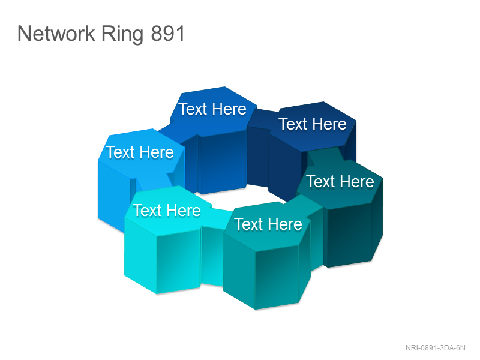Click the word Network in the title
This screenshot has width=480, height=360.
[56, 33]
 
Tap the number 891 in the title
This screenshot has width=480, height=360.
[168, 34]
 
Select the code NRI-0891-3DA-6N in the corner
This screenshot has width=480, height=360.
[435, 348]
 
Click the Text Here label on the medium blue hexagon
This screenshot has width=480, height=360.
[212, 109]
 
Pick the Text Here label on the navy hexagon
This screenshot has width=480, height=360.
[313, 124]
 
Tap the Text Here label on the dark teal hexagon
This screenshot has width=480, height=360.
[340, 182]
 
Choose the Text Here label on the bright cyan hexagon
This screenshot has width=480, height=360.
[167, 211]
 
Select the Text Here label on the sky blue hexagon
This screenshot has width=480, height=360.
[140, 152]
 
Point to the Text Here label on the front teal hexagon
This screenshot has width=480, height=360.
[268, 224]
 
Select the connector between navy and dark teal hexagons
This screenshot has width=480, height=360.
[325, 156]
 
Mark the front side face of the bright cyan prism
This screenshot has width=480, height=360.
[178, 261]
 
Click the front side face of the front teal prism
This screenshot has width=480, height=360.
[277, 277]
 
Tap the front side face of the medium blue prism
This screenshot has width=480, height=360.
[224, 161]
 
